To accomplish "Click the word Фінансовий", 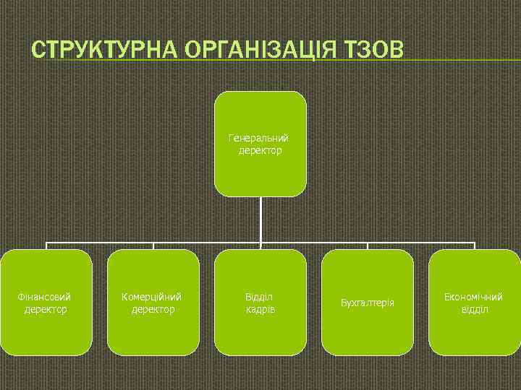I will (45, 297).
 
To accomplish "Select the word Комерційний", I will (152, 297).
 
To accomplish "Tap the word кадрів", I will (260, 309).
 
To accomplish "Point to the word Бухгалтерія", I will (368, 302).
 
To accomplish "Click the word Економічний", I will (474, 297).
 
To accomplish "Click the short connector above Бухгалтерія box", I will (368, 246).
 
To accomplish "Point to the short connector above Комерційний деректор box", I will (153, 246).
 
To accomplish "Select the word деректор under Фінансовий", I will (46, 309).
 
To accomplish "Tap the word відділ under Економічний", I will (475, 309).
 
